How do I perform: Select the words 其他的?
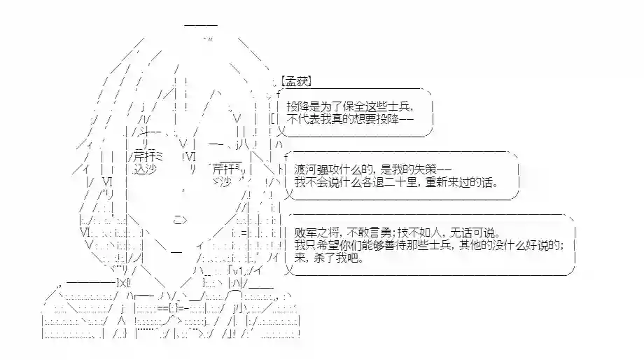pyautogui.click(x=477, y=245)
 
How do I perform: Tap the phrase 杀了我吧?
pyautogui.click(x=342, y=258)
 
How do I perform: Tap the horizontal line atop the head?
pyautogui.click(x=202, y=25)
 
